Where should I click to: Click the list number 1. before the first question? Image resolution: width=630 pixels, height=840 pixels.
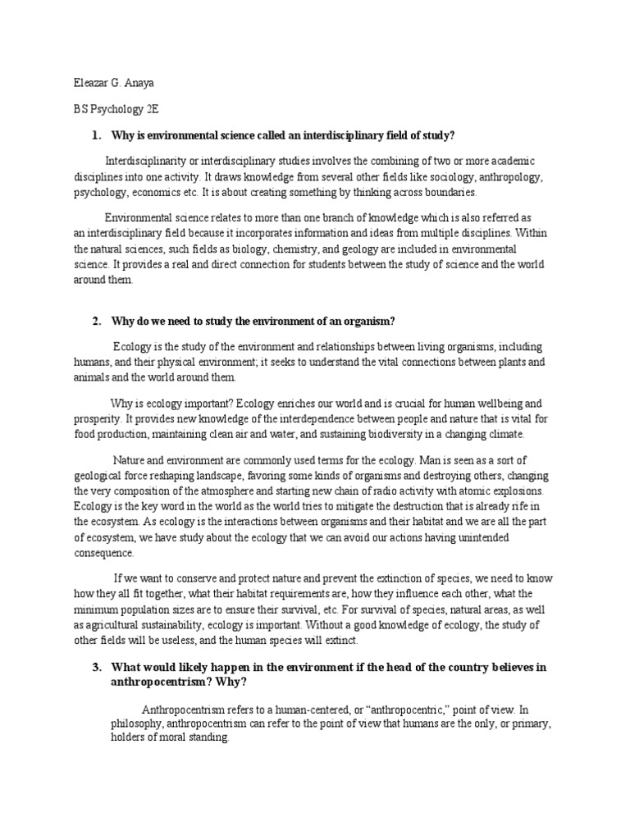96,135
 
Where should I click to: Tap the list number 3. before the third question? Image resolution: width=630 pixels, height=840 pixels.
96,667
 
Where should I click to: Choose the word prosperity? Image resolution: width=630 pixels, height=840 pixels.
98,419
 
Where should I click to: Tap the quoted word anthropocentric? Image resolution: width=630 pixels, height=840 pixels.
405,710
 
